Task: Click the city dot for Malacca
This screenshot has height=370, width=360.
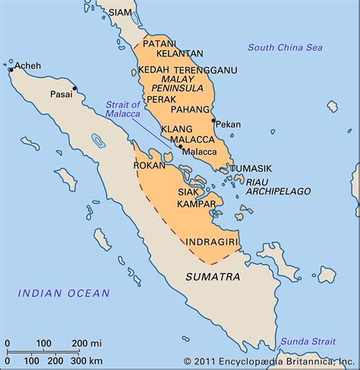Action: click(x=181, y=146)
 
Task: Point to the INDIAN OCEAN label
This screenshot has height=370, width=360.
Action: click(x=64, y=293)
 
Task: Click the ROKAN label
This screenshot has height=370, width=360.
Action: click(x=150, y=165)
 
